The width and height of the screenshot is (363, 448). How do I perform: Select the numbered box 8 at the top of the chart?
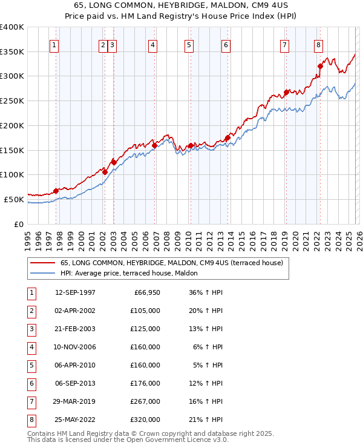pyautogui.click(x=318, y=44)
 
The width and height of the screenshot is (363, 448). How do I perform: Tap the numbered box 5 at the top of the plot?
pyautogui.click(x=189, y=44)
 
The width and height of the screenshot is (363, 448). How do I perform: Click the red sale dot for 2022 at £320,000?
pyautogui.click(x=320, y=67)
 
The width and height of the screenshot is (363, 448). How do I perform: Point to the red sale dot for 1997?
pyautogui.click(x=56, y=191)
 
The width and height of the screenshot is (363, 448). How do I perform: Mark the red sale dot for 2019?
pyautogui.click(x=286, y=93)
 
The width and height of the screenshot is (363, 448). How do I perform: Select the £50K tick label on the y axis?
pyautogui.click(x=15, y=199)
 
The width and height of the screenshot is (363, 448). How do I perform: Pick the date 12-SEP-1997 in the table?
pyautogui.click(x=75, y=292)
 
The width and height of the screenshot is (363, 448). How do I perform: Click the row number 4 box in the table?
pyautogui.click(x=30, y=347)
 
